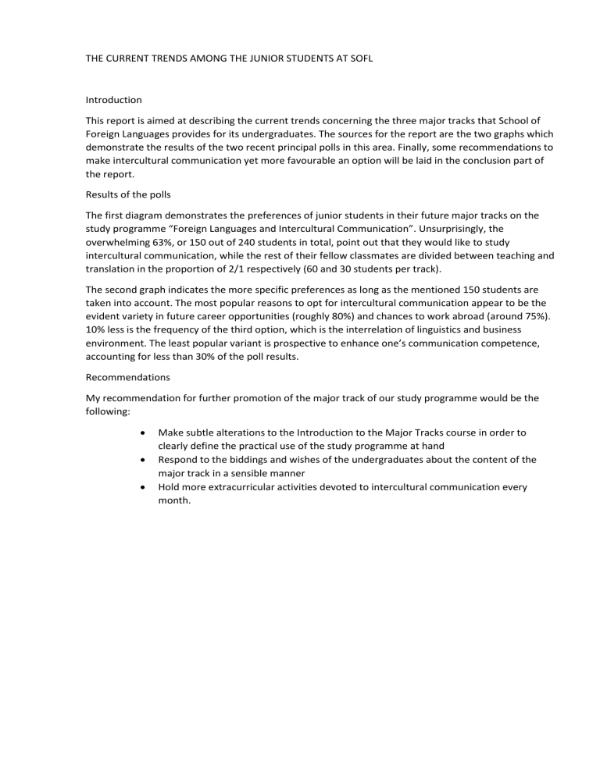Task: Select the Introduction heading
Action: [113, 100]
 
